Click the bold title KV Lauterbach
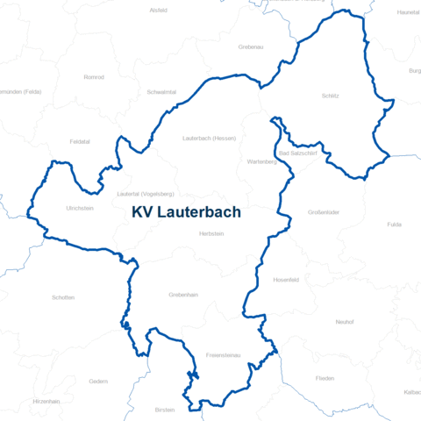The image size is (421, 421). (x=186, y=212)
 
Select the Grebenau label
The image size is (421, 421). (x=252, y=46)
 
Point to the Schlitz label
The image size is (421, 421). (x=330, y=96)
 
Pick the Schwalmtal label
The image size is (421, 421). (x=163, y=91)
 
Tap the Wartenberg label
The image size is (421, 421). (x=262, y=161)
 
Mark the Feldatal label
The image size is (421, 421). (x=80, y=140)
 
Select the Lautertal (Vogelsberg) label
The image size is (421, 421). (x=146, y=193)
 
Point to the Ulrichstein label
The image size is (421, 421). (x=80, y=208)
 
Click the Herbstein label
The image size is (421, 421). (x=211, y=233)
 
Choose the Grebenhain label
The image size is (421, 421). (x=184, y=295)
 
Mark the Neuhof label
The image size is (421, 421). (x=344, y=322)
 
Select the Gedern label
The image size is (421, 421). (x=98, y=382)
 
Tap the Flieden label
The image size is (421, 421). (x=325, y=377)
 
